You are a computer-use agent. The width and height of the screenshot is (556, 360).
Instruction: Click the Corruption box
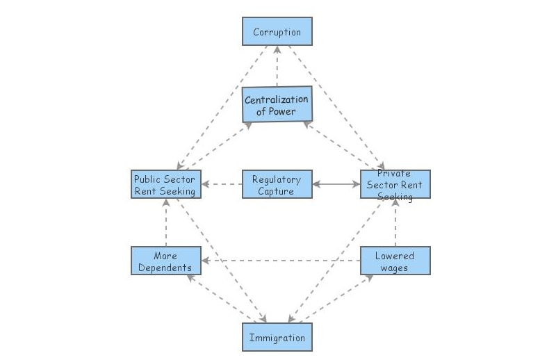[x=277, y=32]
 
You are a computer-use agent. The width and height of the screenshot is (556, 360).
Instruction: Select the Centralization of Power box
[x=277, y=105]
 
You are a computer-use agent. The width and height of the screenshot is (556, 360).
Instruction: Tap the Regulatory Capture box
[x=277, y=185]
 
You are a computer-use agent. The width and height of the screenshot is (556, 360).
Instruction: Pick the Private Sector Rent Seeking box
[x=395, y=185]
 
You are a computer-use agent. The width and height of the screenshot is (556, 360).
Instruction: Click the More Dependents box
[x=166, y=261]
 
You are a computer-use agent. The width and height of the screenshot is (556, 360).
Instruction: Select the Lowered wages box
[x=395, y=261]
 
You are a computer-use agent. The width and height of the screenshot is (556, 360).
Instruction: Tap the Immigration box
[x=277, y=338]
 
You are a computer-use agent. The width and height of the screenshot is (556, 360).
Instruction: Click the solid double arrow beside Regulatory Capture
[x=336, y=185]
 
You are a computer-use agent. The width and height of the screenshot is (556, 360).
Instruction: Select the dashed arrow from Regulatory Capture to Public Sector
[x=221, y=185]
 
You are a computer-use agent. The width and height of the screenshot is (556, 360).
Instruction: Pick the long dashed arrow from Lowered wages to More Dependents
[x=281, y=261]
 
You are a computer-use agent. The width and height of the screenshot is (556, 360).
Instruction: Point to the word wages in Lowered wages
[x=394, y=267]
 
